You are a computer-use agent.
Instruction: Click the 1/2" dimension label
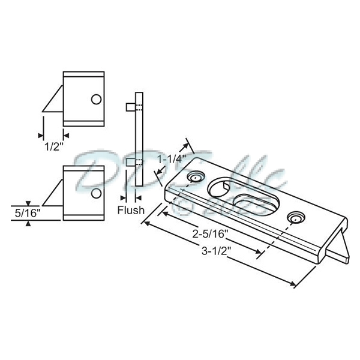click(52, 144)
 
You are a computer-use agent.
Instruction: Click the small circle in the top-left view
click(95, 98)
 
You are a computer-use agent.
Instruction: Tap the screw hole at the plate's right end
click(294, 217)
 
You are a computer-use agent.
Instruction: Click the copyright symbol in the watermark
click(185, 205)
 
